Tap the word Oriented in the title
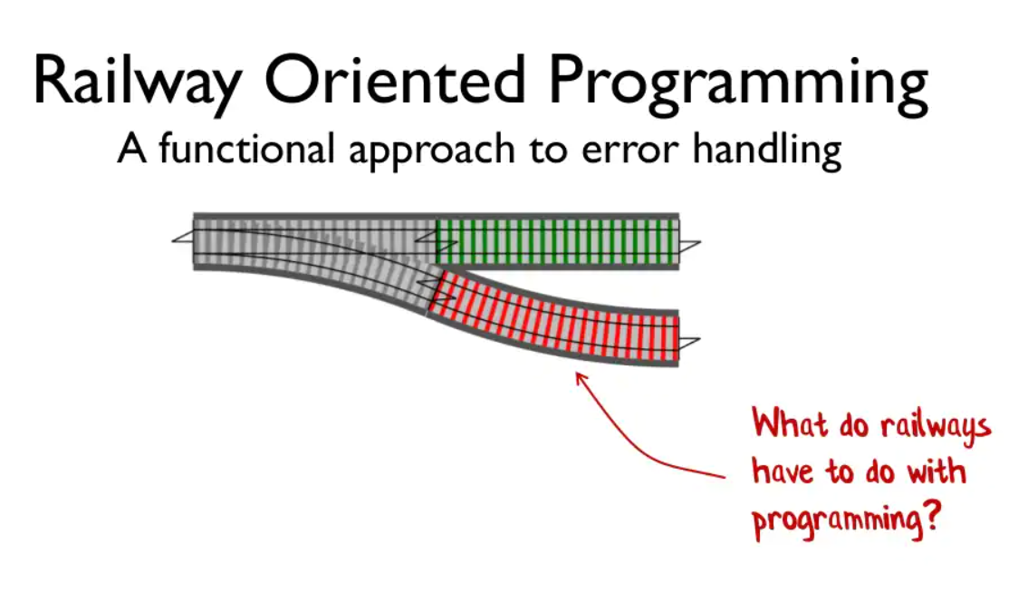click(x=394, y=80)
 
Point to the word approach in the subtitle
click(x=432, y=151)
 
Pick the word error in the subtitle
click(x=630, y=151)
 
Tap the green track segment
click(x=558, y=241)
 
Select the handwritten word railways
click(x=935, y=426)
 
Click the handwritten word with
click(x=937, y=471)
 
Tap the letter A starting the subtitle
click(x=131, y=148)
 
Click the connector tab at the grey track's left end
click(x=183, y=237)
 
